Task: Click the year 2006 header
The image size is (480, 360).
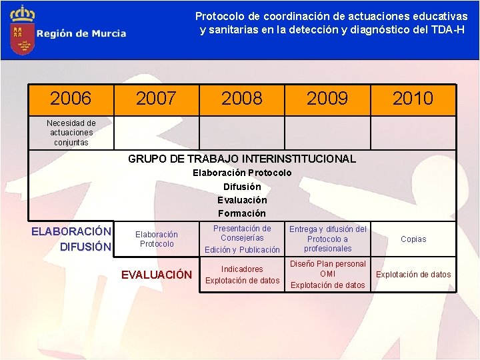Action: (71, 99)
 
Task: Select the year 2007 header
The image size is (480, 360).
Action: (156, 99)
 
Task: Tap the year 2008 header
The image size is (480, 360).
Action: (242, 99)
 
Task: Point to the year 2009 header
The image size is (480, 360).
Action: (327, 99)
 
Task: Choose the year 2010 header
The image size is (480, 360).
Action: (413, 99)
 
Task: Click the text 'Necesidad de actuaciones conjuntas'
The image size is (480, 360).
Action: (71, 133)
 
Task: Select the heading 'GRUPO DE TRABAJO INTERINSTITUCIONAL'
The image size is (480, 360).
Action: (242, 159)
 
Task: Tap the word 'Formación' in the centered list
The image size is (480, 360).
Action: (242, 213)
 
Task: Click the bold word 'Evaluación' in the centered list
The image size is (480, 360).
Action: (242, 200)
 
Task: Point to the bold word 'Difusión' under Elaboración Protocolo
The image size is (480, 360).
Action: (242, 187)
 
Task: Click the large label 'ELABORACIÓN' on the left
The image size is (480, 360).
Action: (71, 231)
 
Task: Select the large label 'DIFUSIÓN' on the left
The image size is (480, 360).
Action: (85, 247)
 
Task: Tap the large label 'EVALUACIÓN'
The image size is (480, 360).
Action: (156, 275)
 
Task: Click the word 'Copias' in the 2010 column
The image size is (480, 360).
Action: (413, 239)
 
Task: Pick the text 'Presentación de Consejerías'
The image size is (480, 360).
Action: (242, 233)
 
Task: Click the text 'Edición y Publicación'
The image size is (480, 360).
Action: (242, 250)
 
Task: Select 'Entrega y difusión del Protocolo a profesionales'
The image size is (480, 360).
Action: (327, 239)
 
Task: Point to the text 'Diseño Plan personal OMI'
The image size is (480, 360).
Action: (327, 269)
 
